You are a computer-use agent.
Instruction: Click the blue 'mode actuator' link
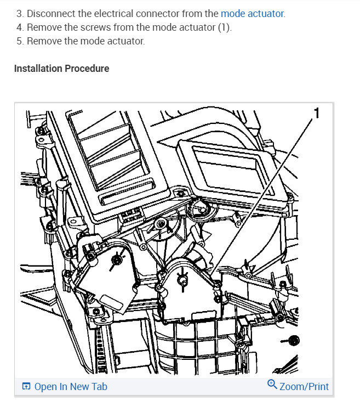coord(252,14)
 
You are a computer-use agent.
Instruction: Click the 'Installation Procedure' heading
coord(61,69)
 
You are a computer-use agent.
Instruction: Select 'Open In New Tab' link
coord(71,386)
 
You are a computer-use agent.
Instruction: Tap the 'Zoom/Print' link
coord(304,386)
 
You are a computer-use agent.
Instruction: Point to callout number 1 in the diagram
coord(317,113)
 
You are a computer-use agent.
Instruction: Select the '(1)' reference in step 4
coord(225,27)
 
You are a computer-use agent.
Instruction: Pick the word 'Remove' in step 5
coord(44,41)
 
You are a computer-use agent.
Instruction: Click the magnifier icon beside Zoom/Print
coord(272,385)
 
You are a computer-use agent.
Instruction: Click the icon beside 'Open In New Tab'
coord(26,386)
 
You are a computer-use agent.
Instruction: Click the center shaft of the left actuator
coord(117,259)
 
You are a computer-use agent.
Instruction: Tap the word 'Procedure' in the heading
coord(87,69)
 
